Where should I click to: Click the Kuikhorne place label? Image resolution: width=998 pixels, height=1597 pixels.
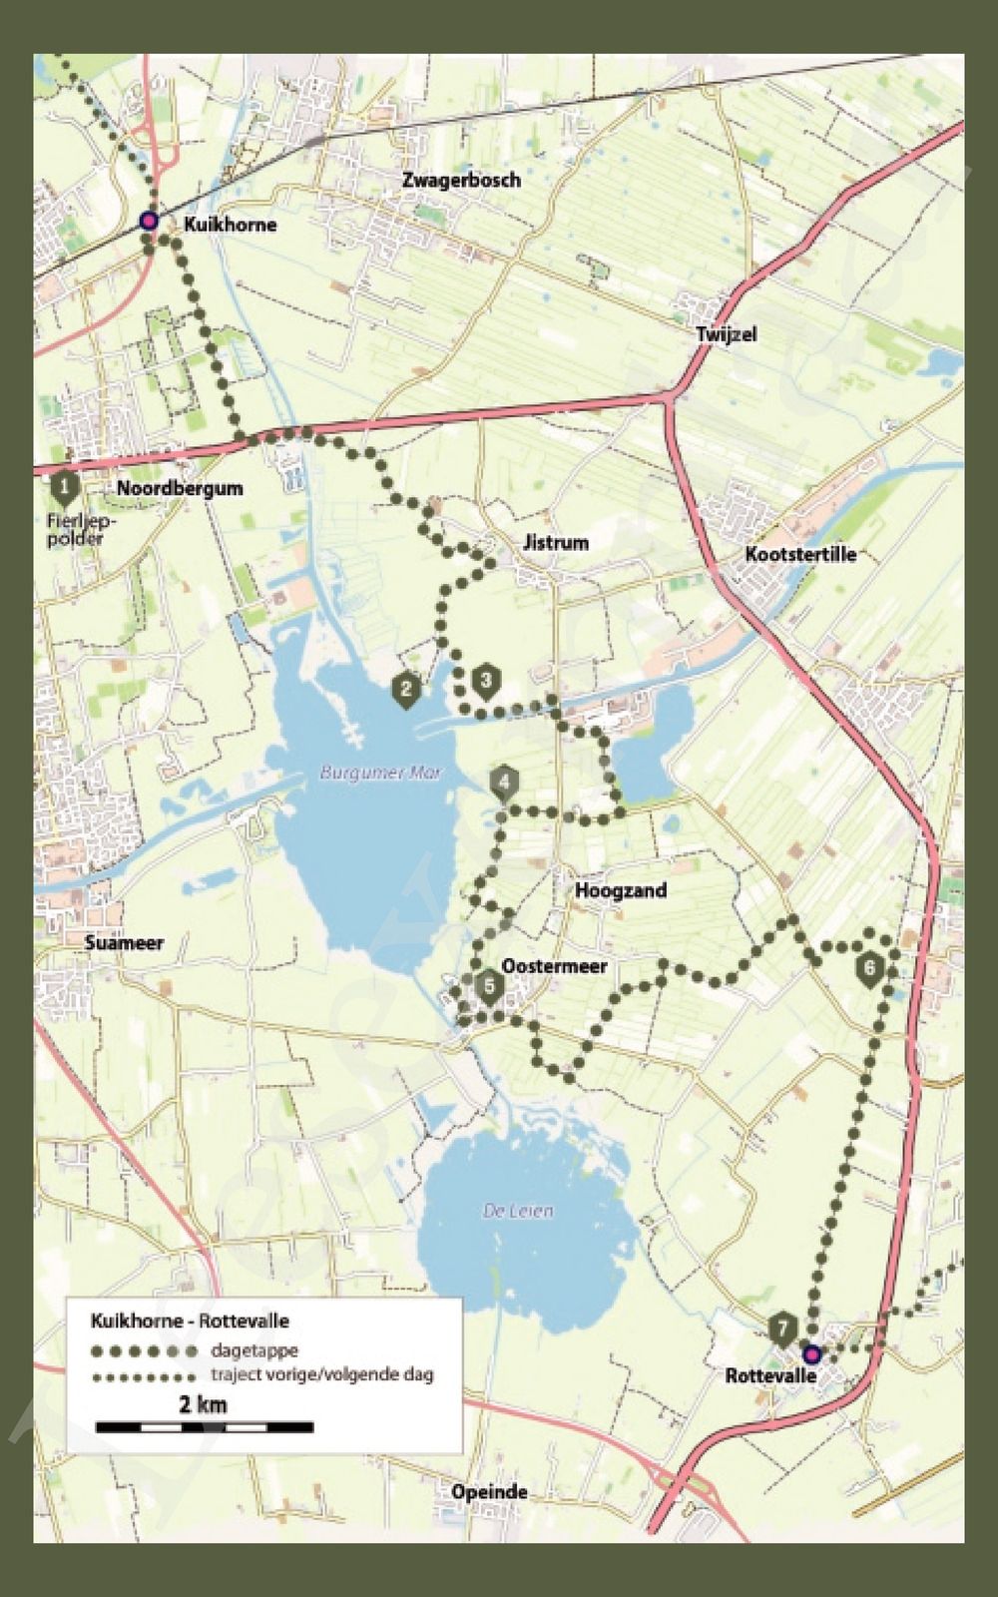point(230,225)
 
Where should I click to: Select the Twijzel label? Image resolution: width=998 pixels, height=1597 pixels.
point(727,333)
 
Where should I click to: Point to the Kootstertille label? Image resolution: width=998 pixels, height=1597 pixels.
point(800,554)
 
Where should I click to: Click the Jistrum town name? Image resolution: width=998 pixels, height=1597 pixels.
point(555,543)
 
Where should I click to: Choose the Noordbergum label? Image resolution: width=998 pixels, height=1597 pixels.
point(180,489)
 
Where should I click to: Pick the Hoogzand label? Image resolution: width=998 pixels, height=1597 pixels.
point(621,890)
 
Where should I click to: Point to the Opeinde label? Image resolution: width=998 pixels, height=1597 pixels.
point(489,1493)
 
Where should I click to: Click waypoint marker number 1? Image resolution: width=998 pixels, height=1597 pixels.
point(65,488)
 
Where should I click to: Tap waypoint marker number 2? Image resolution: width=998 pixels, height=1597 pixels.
point(405,689)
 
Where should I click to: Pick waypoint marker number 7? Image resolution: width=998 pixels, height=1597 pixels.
point(783,1330)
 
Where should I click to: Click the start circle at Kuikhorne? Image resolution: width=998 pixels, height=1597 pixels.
point(149,222)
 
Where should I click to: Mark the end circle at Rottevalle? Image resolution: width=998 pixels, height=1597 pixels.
point(811,1354)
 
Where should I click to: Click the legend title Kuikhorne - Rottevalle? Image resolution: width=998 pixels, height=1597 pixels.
point(190,1321)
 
